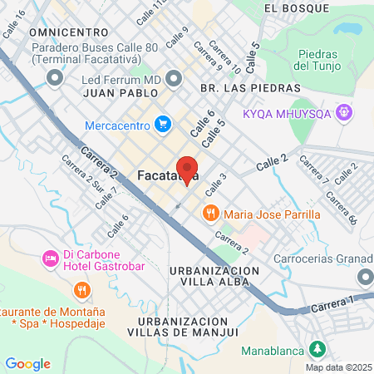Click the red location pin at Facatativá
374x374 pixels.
[x=187, y=169]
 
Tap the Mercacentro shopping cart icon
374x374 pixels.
[x=164, y=125]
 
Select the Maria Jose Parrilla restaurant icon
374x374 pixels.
[x=211, y=214]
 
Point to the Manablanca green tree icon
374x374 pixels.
[x=317, y=350]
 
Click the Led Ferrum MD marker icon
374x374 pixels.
[x=174, y=79]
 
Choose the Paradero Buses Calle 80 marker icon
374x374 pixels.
[x=56, y=79]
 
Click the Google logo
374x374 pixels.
[x=27, y=363]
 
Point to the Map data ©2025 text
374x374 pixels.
[x=337, y=367]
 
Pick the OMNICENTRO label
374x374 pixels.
[x=65, y=31]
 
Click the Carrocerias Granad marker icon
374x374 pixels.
[x=364, y=277]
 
